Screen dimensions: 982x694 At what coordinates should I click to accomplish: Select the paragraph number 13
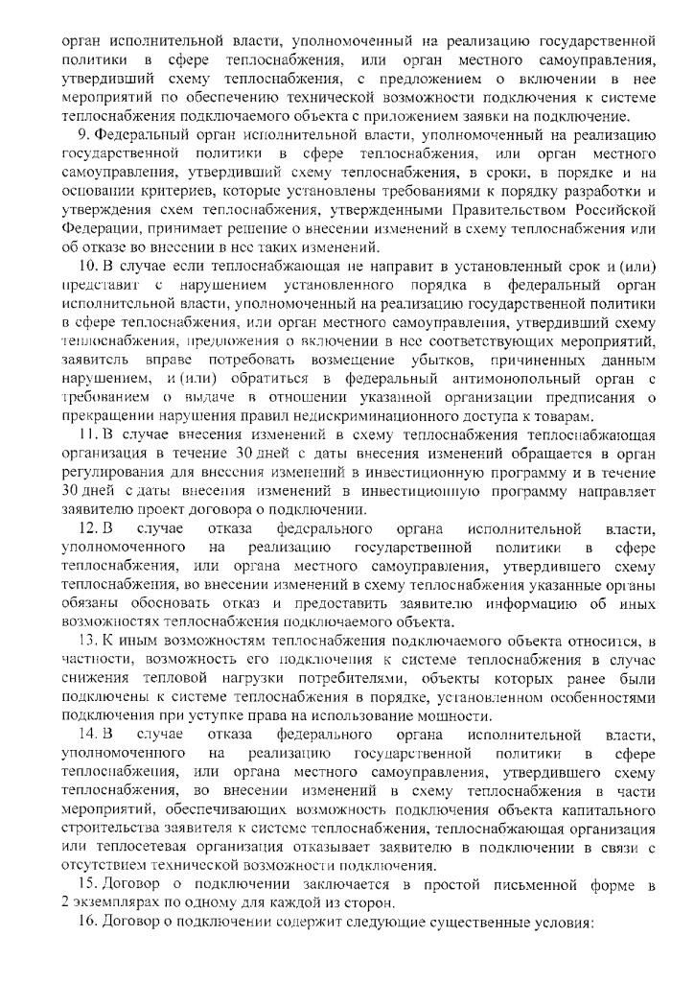84,641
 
